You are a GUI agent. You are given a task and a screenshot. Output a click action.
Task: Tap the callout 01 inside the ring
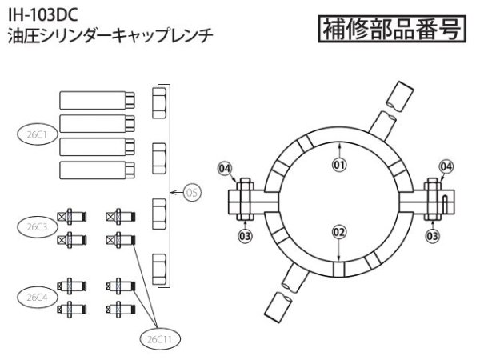pos(338,165)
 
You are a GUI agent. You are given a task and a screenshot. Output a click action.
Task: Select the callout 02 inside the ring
pos(338,231)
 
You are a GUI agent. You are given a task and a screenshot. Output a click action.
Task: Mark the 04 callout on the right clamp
pos(446,166)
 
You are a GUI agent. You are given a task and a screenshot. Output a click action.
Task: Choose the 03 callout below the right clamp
pos(433,235)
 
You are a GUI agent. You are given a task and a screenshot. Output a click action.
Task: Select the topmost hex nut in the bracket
pos(158,102)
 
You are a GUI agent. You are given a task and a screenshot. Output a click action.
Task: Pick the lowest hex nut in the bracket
pos(158,266)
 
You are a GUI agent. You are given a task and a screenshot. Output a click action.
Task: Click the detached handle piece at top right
pos(400,95)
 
